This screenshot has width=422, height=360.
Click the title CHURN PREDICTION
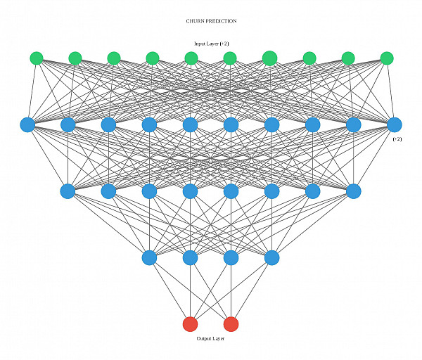(211, 21)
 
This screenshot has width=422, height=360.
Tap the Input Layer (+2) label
(211, 44)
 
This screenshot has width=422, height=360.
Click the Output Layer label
(211, 339)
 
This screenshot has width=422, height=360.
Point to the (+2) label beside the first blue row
(397, 139)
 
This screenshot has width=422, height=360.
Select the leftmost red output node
(190, 324)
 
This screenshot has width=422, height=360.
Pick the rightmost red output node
(231, 324)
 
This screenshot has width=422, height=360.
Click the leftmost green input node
(37, 58)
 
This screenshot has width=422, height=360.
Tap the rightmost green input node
(386, 58)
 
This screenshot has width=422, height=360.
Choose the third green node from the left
(114, 58)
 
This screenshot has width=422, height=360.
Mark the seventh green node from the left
(269, 58)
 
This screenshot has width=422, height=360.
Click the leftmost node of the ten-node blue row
(27, 124)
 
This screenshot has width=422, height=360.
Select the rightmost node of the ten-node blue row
(395, 124)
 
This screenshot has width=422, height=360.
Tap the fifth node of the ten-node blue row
(190, 124)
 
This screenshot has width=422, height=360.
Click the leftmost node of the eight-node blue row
(68, 191)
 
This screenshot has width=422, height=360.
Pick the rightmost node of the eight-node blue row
(354, 191)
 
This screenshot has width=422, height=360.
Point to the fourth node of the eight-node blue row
(190, 191)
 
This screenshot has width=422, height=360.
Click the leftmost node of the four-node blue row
(149, 258)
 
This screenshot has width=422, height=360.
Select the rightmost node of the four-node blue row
(272, 258)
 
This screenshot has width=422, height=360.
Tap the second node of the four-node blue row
(190, 258)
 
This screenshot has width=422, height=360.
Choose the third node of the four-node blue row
(231, 258)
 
